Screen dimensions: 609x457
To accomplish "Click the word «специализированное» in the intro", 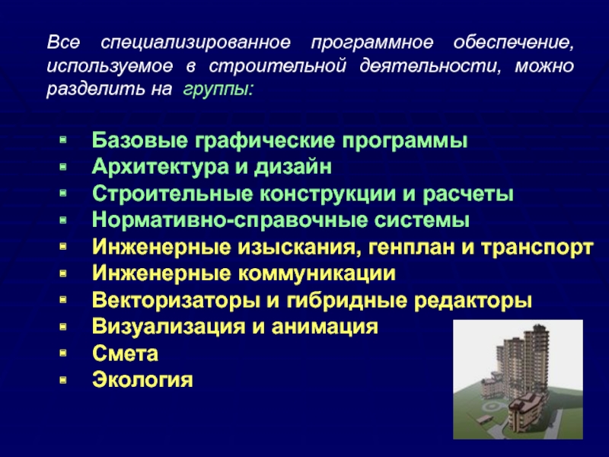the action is click(196, 43).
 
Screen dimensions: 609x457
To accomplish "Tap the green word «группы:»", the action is click(218, 90).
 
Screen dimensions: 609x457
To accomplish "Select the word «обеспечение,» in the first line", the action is click(513, 43).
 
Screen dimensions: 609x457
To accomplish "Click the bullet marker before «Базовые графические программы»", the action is click(63, 140).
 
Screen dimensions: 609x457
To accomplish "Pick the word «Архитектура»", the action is click(160, 168).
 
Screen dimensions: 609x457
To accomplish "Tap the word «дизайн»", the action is click(293, 168).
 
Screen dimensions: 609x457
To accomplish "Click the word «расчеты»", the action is click(468, 194).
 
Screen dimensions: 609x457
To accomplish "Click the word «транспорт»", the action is click(537, 248).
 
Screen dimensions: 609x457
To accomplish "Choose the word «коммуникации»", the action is click(317, 273).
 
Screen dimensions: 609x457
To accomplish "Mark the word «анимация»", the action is click(324, 327).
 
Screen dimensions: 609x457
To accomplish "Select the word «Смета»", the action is click(125, 353).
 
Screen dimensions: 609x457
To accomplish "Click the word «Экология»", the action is click(142, 380).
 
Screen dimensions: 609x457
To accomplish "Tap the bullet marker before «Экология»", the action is click(63, 379).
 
